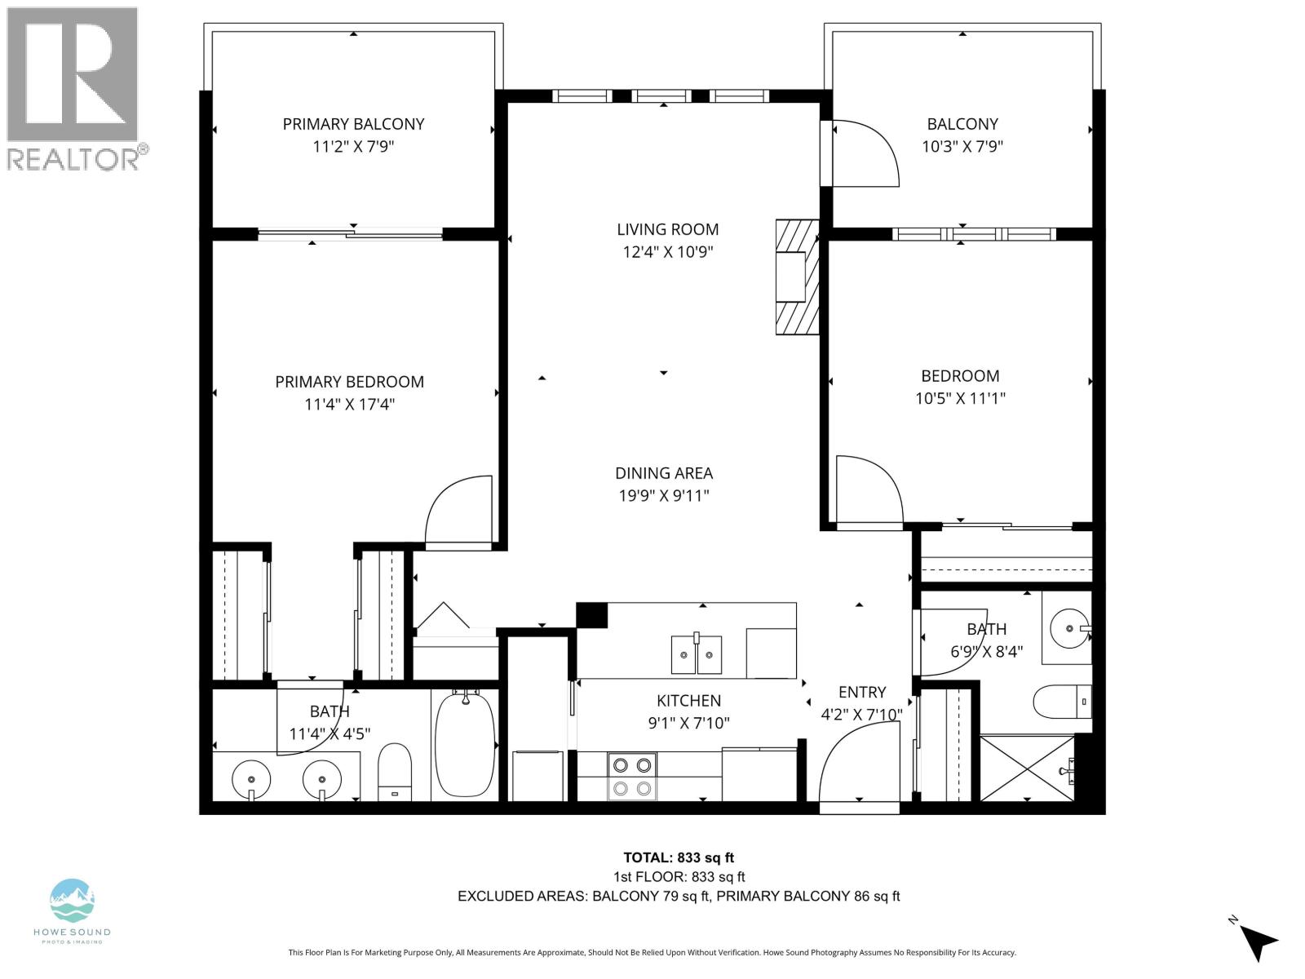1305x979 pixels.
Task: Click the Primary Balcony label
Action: pos(353,124)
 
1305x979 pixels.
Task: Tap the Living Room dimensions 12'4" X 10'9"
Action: pos(667,252)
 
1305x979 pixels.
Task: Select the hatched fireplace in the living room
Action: pos(797,277)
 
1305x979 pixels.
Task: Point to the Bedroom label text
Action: pos(960,376)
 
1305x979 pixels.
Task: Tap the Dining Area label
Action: pos(664,473)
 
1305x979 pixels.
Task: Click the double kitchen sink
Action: pos(697,654)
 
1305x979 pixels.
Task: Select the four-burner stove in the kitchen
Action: pos(632,776)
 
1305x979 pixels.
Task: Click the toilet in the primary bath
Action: pos(395,771)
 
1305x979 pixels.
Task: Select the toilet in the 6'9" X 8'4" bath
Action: pos(1061,701)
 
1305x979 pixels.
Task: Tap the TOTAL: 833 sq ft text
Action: pos(679,857)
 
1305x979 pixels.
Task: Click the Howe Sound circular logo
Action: pos(72,901)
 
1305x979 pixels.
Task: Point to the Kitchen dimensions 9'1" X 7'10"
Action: pos(688,723)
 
